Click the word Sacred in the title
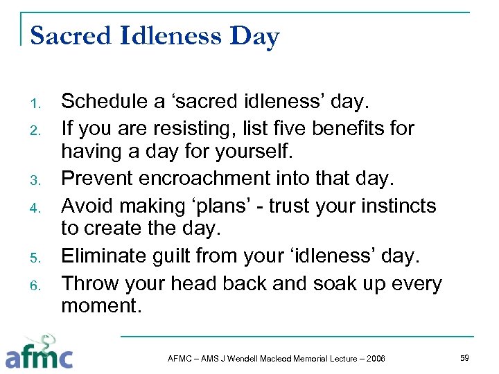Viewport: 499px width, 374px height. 71,35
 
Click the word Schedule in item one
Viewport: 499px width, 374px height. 105,102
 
